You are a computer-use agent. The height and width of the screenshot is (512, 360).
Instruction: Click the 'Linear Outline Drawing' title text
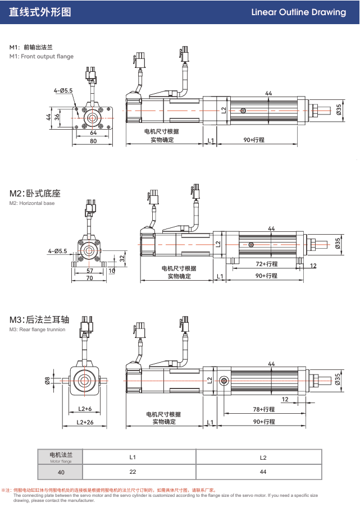click(x=298, y=12)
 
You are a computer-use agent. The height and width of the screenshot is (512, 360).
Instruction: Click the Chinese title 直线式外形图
click(x=40, y=12)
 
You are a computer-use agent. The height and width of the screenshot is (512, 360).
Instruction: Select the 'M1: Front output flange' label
click(x=42, y=57)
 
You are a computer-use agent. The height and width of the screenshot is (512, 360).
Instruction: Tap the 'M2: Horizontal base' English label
click(x=32, y=203)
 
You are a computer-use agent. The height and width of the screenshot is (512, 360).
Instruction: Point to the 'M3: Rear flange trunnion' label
click(x=37, y=330)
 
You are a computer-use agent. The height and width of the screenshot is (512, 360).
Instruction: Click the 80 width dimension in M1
click(x=93, y=141)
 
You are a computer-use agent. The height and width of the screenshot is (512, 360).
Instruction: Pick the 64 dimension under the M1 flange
click(x=93, y=133)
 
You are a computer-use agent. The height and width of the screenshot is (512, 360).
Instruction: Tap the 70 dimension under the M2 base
click(x=89, y=278)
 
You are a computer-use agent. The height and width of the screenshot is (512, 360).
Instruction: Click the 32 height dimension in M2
click(x=122, y=258)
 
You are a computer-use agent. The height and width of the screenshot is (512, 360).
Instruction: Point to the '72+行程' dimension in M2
click(x=267, y=264)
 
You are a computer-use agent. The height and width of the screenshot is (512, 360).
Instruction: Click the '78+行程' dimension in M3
click(x=264, y=409)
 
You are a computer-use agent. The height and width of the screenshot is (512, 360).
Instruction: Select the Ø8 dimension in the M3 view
click(x=47, y=380)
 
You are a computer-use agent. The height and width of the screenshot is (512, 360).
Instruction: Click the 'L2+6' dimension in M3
click(x=85, y=409)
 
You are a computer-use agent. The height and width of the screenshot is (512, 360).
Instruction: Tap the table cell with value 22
click(x=133, y=472)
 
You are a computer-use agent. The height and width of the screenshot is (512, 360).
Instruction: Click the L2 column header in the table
click(x=263, y=457)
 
